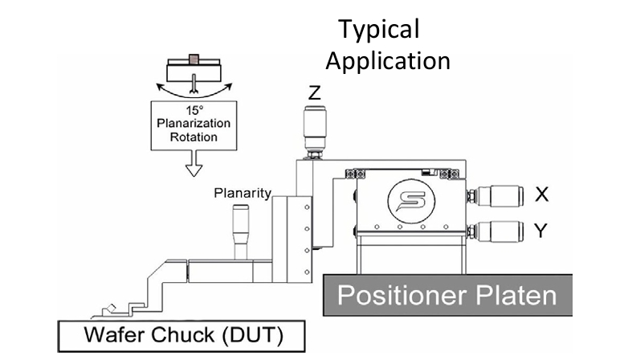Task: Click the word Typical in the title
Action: [x=379, y=31]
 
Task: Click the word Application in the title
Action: [x=388, y=61]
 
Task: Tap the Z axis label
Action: [x=314, y=92]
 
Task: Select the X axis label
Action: [x=541, y=194]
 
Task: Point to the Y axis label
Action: [x=540, y=230]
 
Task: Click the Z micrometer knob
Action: [x=315, y=132]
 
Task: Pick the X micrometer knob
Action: [x=495, y=196]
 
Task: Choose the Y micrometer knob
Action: [x=495, y=231]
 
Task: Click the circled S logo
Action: [x=411, y=201]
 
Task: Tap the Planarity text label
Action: [x=243, y=193]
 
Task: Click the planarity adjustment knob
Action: [x=241, y=231]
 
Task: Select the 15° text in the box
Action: [x=194, y=110]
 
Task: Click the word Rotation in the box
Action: [x=194, y=137]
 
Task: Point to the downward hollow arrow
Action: [x=194, y=163]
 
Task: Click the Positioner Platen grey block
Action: [x=447, y=295]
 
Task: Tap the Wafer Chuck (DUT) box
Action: [x=181, y=336]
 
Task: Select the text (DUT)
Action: [x=252, y=335]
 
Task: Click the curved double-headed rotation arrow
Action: [x=194, y=91]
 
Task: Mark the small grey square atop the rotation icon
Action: [x=194, y=59]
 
